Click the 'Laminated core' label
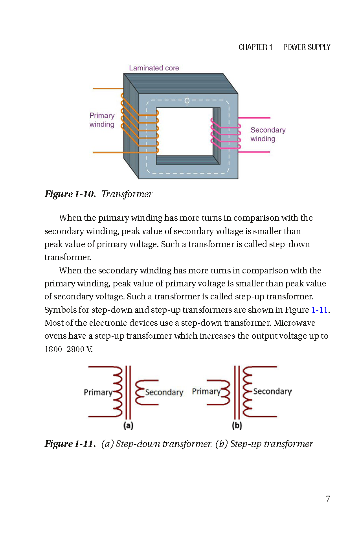154,68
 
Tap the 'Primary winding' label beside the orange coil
102,120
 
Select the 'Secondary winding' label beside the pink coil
268,134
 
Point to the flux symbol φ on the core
187,101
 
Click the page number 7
328,499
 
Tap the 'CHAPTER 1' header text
255,47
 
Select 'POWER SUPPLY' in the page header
307,47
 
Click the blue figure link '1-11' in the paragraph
320,310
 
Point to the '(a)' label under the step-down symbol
128,425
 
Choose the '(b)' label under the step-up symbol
237,425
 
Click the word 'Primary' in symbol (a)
98,392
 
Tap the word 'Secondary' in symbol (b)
272,391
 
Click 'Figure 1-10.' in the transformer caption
70,194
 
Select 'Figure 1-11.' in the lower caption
70,444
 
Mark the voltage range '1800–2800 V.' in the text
68,349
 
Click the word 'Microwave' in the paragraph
294,323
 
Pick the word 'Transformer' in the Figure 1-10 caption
127,194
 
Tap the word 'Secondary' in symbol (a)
164,392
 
